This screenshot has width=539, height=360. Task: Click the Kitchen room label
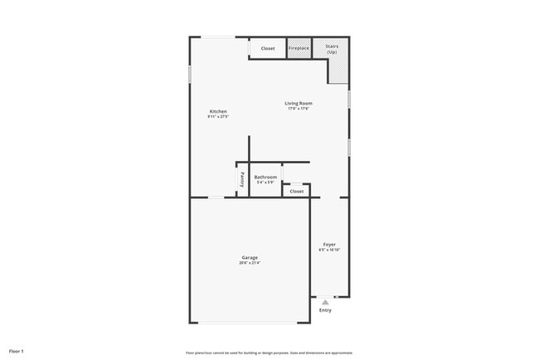point(218,112)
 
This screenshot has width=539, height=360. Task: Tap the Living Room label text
point(299,104)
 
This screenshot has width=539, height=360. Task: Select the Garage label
point(250,257)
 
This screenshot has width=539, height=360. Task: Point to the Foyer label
point(329,244)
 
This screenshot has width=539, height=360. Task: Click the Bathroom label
point(265,177)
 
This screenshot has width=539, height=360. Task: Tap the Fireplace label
point(299,48)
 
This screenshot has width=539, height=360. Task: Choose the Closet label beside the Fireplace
point(268,48)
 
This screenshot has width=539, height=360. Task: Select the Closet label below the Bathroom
point(297,192)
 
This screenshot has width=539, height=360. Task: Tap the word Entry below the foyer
point(325,311)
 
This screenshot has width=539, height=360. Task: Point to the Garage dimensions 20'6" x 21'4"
point(250,263)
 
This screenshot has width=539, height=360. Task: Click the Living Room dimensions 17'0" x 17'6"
point(299,109)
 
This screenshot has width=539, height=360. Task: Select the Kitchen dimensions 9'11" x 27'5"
point(218,117)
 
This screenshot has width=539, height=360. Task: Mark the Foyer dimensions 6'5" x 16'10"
point(329,250)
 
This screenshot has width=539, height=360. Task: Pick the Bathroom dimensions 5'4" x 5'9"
point(265,182)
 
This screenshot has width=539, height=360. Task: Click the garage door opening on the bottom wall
point(247,324)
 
